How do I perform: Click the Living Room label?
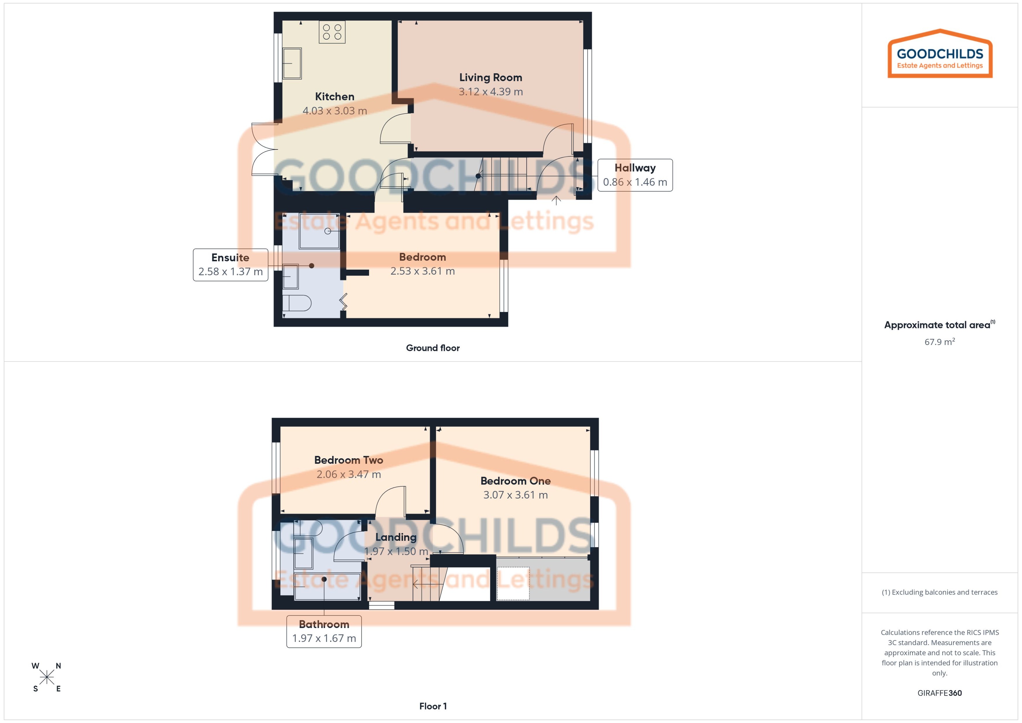tap(490, 77)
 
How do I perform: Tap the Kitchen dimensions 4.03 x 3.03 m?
tap(334, 111)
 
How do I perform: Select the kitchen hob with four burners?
tap(332, 32)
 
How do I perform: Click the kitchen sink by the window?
tap(292, 63)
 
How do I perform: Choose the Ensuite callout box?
tap(230, 264)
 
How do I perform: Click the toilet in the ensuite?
tap(297, 304)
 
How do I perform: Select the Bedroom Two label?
tap(348, 460)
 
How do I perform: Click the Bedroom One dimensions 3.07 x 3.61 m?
tap(515, 495)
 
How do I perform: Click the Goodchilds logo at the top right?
tap(940, 54)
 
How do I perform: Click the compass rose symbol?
tap(46, 677)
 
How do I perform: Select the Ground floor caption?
tap(432, 348)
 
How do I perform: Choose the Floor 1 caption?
tap(432, 706)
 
